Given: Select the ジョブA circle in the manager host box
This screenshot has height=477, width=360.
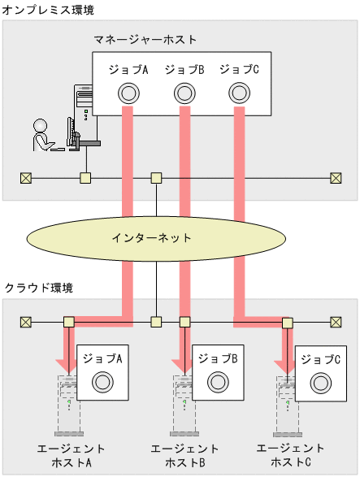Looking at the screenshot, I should pos(128,93).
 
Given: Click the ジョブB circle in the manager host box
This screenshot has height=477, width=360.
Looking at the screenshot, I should pos(184,93).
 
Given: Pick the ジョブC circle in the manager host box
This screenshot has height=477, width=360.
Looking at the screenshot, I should pos(239,93).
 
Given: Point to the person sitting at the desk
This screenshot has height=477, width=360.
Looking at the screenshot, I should pos(42,136).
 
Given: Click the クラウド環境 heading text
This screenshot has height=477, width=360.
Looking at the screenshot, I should pos(39,288).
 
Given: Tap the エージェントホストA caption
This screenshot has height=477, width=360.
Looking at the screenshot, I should pos(72,455).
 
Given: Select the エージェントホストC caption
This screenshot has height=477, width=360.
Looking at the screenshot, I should pos(290,455).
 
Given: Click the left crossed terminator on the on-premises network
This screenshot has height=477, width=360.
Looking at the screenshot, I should pos(25,178).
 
